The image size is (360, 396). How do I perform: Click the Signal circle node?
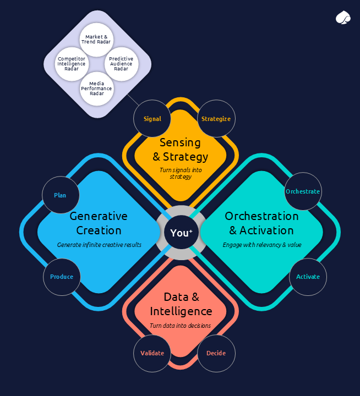(x=152, y=119)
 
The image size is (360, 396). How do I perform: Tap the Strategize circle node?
(x=216, y=119)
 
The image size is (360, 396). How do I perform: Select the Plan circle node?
(x=61, y=195)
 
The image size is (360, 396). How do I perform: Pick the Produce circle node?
(x=62, y=277)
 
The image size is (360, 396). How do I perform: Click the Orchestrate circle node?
(x=302, y=191)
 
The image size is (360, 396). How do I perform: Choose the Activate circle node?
(x=308, y=277)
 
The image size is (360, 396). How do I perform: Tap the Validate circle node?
(x=152, y=353)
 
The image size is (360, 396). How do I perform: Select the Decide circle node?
(x=216, y=353)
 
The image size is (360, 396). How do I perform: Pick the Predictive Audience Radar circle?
(x=121, y=63)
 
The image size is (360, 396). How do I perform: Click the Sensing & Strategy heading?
(x=181, y=150)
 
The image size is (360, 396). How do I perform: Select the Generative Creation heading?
(x=99, y=223)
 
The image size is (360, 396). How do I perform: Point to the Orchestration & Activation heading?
(x=261, y=223)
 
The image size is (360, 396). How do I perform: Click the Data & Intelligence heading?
(x=181, y=304)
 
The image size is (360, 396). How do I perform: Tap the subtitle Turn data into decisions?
(x=180, y=326)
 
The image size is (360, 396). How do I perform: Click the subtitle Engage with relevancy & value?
(x=262, y=244)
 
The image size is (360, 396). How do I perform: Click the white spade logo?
(x=342, y=18)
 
